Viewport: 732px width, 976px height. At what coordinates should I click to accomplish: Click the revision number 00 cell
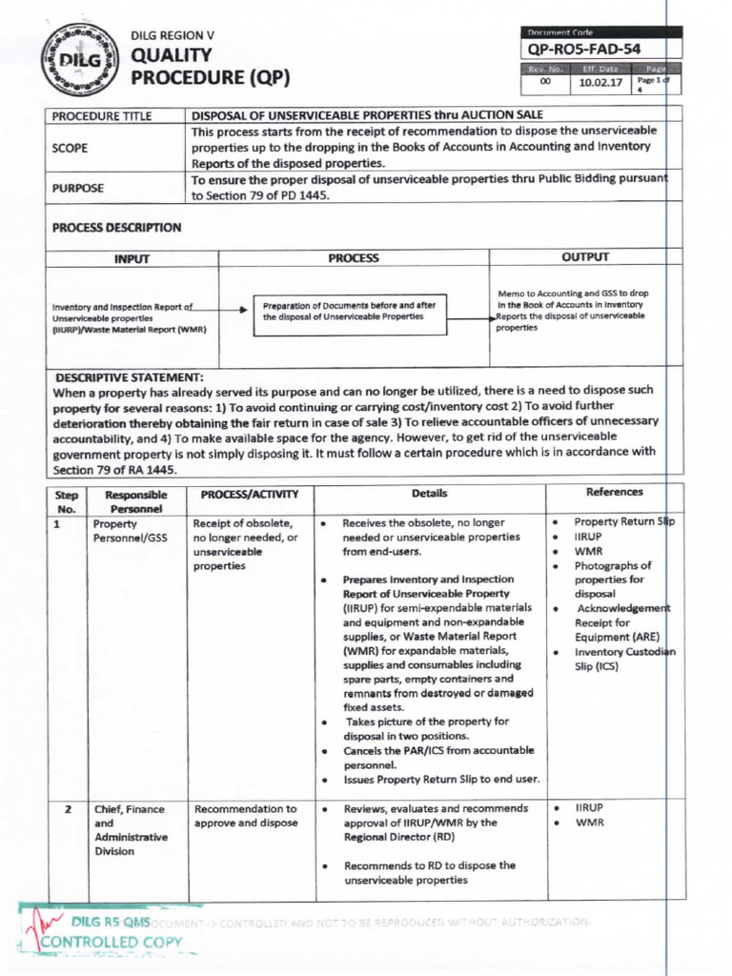click(x=546, y=83)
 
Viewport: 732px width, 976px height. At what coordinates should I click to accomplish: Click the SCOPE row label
click(x=71, y=148)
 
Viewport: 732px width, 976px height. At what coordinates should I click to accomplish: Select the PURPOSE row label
click(x=78, y=188)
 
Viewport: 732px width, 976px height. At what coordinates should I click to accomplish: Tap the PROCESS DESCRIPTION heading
click(x=116, y=228)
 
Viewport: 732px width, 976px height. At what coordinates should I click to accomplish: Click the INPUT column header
click(x=132, y=258)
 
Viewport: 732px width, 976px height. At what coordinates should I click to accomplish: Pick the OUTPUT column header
click(x=586, y=257)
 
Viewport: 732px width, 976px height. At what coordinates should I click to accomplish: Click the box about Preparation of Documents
click(x=350, y=311)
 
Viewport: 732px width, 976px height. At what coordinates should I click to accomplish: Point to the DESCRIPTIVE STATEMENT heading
click(x=130, y=377)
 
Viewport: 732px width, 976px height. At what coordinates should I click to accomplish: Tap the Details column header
click(x=429, y=494)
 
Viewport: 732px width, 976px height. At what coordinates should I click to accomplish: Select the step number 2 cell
click(x=68, y=809)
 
